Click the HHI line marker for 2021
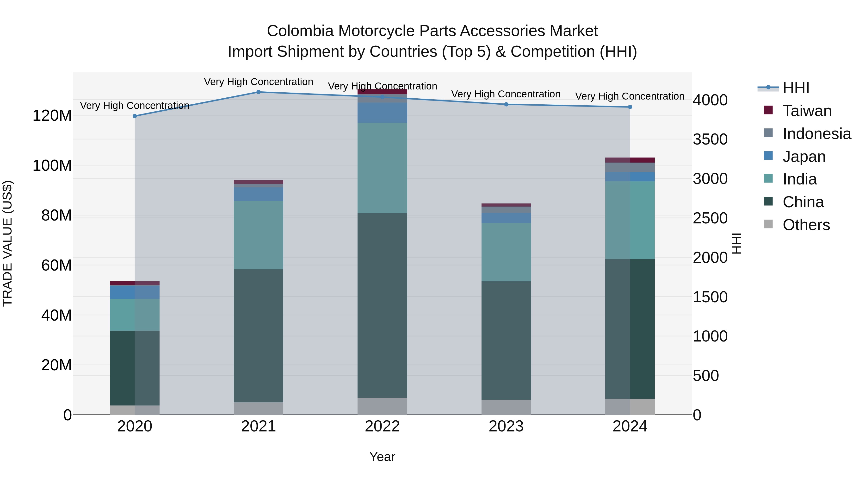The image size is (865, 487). pos(258,92)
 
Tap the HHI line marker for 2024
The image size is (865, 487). pos(630,107)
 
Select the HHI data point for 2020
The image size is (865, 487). pos(135,116)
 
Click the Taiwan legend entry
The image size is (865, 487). pos(807,111)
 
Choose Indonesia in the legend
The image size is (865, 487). pos(817,134)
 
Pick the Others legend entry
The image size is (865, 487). pos(806,225)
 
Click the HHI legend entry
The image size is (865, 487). pos(796,88)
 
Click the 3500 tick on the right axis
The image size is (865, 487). pos(710,139)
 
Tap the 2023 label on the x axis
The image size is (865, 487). pos(506,426)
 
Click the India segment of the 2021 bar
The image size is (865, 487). pos(258,235)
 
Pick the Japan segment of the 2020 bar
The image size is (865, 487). pos(135,292)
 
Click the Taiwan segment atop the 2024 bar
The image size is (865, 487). pos(630,160)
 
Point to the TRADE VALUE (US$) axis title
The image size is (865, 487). pos(7,243)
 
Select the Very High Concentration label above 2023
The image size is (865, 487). pos(506,94)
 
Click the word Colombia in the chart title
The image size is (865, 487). pos(300,31)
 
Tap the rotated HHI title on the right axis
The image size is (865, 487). pos(736,243)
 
